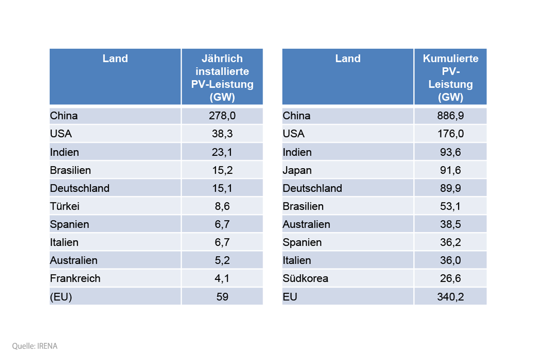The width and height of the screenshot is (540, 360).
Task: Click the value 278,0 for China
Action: click(x=222, y=116)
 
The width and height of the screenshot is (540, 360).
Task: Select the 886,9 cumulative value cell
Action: click(x=450, y=116)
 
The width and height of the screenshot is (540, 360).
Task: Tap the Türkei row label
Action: click(x=65, y=207)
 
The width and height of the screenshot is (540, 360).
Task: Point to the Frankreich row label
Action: click(x=75, y=279)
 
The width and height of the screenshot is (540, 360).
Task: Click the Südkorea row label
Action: click(x=306, y=279)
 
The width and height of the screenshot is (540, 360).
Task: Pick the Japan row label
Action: click(x=297, y=171)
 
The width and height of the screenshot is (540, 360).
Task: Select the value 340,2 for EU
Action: click(x=450, y=297)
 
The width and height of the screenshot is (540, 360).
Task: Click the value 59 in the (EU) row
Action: click(x=222, y=297)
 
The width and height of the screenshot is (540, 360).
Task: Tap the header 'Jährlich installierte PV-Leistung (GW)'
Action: click(x=222, y=78)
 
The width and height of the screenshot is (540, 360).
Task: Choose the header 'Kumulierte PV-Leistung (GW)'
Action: click(x=450, y=78)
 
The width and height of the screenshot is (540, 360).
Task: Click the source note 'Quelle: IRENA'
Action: click(x=35, y=346)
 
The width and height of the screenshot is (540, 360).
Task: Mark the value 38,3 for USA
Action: click(x=222, y=134)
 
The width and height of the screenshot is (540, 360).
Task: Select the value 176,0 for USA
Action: click(x=450, y=134)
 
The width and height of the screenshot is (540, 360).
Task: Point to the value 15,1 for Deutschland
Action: click(x=222, y=188)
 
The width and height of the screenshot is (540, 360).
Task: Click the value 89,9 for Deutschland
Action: click(x=450, y=188)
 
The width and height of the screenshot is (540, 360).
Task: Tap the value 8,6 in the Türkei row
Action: click(x=222, y=207)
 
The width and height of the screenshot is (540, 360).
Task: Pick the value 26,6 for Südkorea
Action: click(x=450, y=279)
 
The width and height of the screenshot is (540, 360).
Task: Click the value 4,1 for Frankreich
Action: click(x=222, y=279)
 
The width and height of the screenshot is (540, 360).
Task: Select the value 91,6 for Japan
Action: click(x=450, y=171)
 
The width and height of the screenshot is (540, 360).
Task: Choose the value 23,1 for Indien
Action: click(x=222, y=153)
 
